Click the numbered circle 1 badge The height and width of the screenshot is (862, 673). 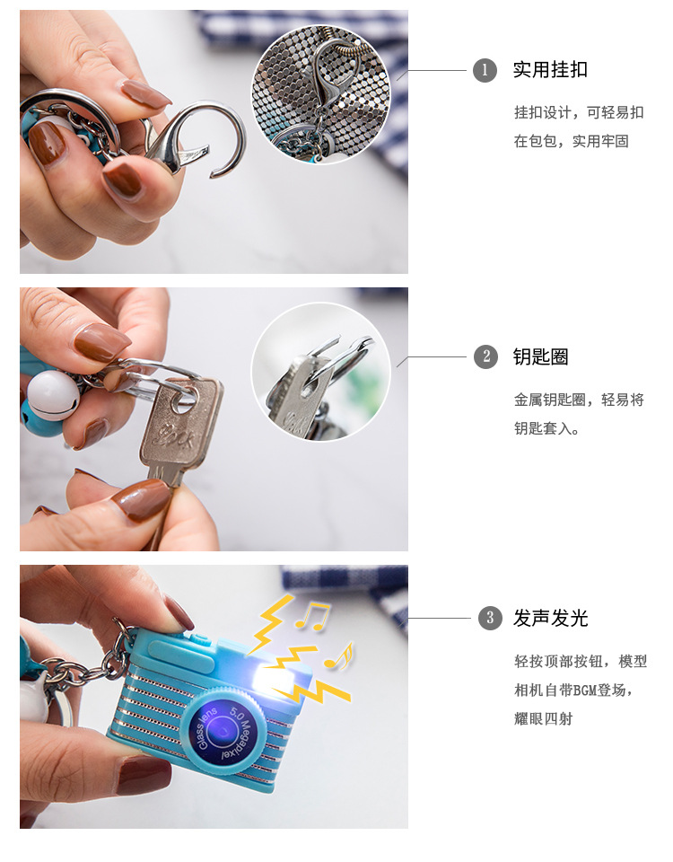485,70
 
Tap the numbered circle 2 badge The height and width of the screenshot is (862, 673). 485,356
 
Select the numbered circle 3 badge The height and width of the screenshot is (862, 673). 490,618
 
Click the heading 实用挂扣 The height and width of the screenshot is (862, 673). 550,70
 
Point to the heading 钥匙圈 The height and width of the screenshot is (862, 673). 540,356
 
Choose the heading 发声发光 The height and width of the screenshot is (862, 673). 550,618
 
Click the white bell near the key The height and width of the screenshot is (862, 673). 53,395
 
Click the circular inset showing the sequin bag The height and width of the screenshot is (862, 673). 321,94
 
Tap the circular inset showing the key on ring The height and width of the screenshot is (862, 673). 321,371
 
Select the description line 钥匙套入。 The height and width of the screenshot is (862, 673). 546,428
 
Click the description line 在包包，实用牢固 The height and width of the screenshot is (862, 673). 572,141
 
